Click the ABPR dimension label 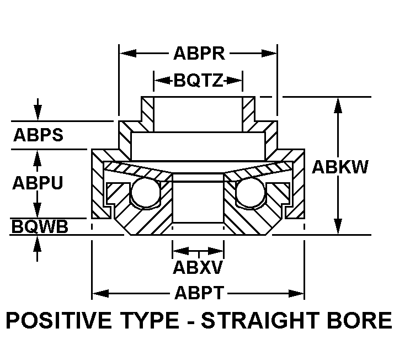[199, 54]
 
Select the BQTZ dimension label [199, 81]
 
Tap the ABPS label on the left [38, 135]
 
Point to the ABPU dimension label [38, 183]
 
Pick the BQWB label [40, 226]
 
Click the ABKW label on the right [340, 167]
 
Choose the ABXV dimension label [198, 267]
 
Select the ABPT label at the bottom [199, 293]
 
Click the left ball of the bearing [146, 192]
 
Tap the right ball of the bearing [251, 192]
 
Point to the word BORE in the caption [359, 320]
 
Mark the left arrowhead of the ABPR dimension [127, 54]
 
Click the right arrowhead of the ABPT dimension [296, 293]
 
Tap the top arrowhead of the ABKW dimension [338, 105]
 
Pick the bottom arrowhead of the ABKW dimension [338, 226]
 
